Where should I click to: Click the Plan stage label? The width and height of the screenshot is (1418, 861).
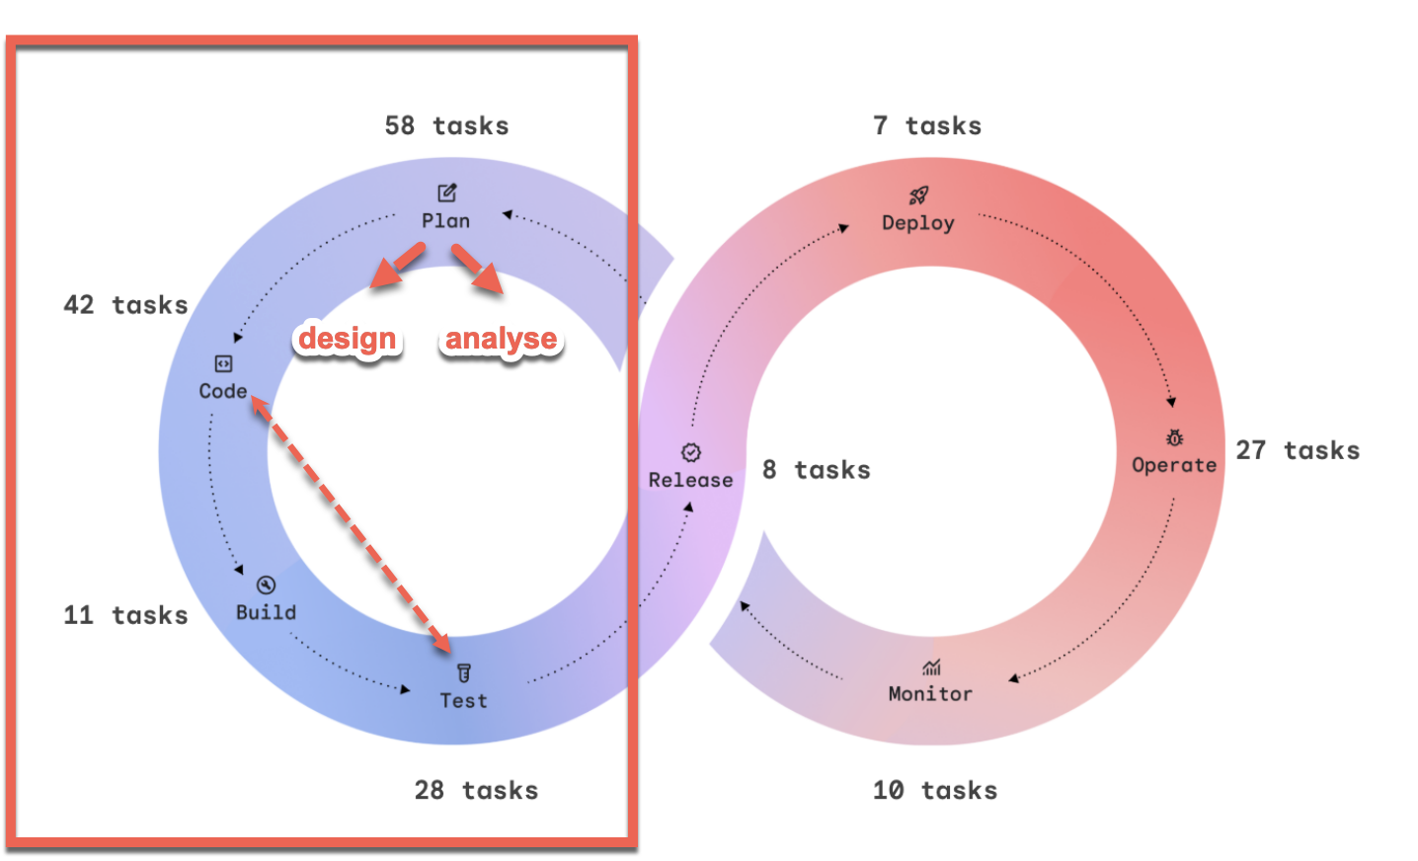pos(445,221)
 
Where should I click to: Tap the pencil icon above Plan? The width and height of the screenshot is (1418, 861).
pos(447,193)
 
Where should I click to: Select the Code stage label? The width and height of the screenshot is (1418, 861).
pos(223,391)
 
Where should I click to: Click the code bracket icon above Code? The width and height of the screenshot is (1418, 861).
pos(224,363)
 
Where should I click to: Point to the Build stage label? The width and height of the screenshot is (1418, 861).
pos(266,612)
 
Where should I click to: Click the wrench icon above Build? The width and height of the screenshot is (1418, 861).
pos(266,586)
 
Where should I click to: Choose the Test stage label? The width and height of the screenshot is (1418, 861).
pos(463,701)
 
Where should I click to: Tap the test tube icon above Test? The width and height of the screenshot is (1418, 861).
pos(464,673)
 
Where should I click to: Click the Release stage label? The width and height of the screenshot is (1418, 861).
pos(690,480)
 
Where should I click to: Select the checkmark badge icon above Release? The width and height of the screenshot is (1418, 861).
pos(691,452)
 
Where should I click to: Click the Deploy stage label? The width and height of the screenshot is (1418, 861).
pos(918,223)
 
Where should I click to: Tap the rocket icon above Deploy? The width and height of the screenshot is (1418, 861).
pos(918,196)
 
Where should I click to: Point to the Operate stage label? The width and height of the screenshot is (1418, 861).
pos(1174,465)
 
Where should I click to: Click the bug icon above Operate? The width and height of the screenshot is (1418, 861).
pos(1174,437)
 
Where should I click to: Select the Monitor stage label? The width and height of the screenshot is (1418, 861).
pos(930,694)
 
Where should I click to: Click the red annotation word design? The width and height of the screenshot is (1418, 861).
pos(347,339)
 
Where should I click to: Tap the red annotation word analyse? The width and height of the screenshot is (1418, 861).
pos(501,339)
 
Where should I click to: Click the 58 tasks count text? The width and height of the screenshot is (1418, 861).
pos(446,125)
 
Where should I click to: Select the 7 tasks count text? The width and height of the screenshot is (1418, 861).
pos(927,125)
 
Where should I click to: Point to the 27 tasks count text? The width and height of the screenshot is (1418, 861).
pos(1298,450)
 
